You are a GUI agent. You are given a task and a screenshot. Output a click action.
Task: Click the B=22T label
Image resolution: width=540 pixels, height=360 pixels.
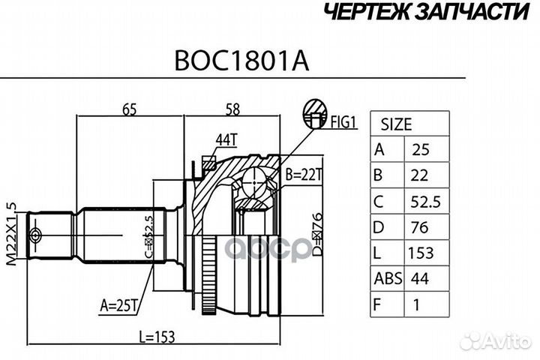click(303, 175)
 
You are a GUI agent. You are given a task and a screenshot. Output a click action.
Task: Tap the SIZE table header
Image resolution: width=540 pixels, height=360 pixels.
click(396, 124)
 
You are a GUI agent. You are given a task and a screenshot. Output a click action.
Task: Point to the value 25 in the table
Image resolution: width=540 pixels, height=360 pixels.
click(423, 149)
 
